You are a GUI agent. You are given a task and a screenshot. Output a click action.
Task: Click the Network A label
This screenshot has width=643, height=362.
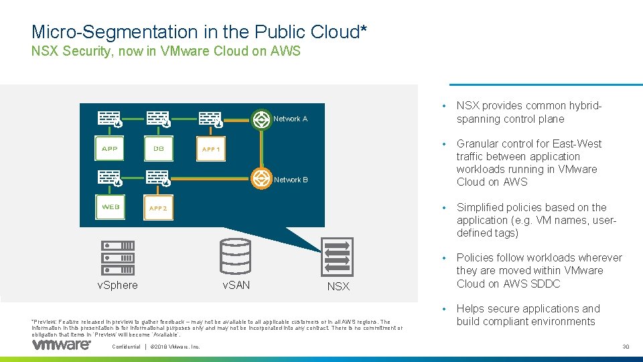click(291, 119)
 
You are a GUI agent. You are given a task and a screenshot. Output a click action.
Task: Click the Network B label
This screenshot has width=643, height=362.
click(291, 180)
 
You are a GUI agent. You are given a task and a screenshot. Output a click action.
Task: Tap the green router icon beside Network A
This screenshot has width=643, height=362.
click(261, 119)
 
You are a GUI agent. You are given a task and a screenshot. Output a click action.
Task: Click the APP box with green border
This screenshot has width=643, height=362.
click(109, 149)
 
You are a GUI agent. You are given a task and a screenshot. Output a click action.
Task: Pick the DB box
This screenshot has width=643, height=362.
click(159, 149)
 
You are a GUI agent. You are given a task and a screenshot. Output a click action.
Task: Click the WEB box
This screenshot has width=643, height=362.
click(111, 207)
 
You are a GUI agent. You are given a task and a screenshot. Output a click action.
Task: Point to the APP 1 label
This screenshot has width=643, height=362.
click(211, 149)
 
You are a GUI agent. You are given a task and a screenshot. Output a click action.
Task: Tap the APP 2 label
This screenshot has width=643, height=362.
click(158, 208)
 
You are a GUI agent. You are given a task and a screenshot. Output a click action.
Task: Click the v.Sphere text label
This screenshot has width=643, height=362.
click(117, 286)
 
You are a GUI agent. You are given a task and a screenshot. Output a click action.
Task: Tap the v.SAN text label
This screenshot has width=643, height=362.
click(236, 286)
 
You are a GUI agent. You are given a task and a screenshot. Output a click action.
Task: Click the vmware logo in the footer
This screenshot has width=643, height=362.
click(61, 345)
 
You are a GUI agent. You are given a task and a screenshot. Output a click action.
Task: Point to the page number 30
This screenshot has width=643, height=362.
click(626, 347)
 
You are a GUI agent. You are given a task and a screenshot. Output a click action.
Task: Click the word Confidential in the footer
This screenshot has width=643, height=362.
click(126, 347)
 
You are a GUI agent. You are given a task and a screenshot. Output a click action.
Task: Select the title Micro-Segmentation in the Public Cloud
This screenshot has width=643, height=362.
click(199, 32)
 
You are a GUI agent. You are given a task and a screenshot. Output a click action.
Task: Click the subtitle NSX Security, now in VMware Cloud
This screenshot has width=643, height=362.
click(166, 52)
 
